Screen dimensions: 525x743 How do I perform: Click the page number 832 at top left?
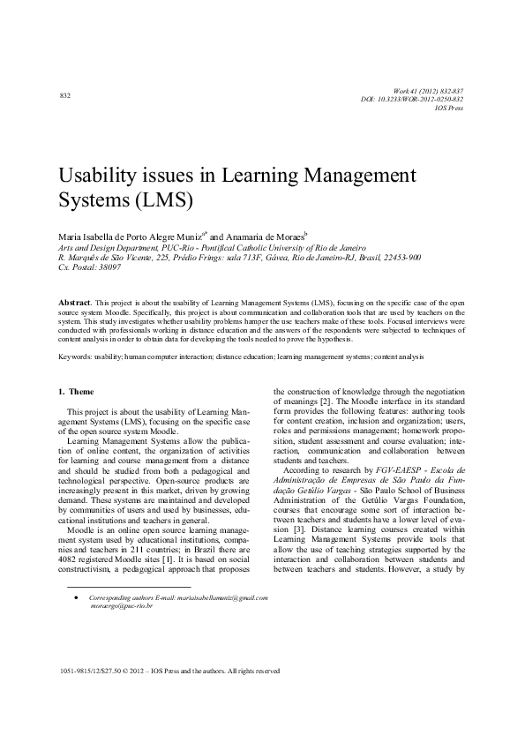click(x=64, y=94)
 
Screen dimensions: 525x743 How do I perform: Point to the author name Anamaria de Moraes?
click(x=267, y=236)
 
